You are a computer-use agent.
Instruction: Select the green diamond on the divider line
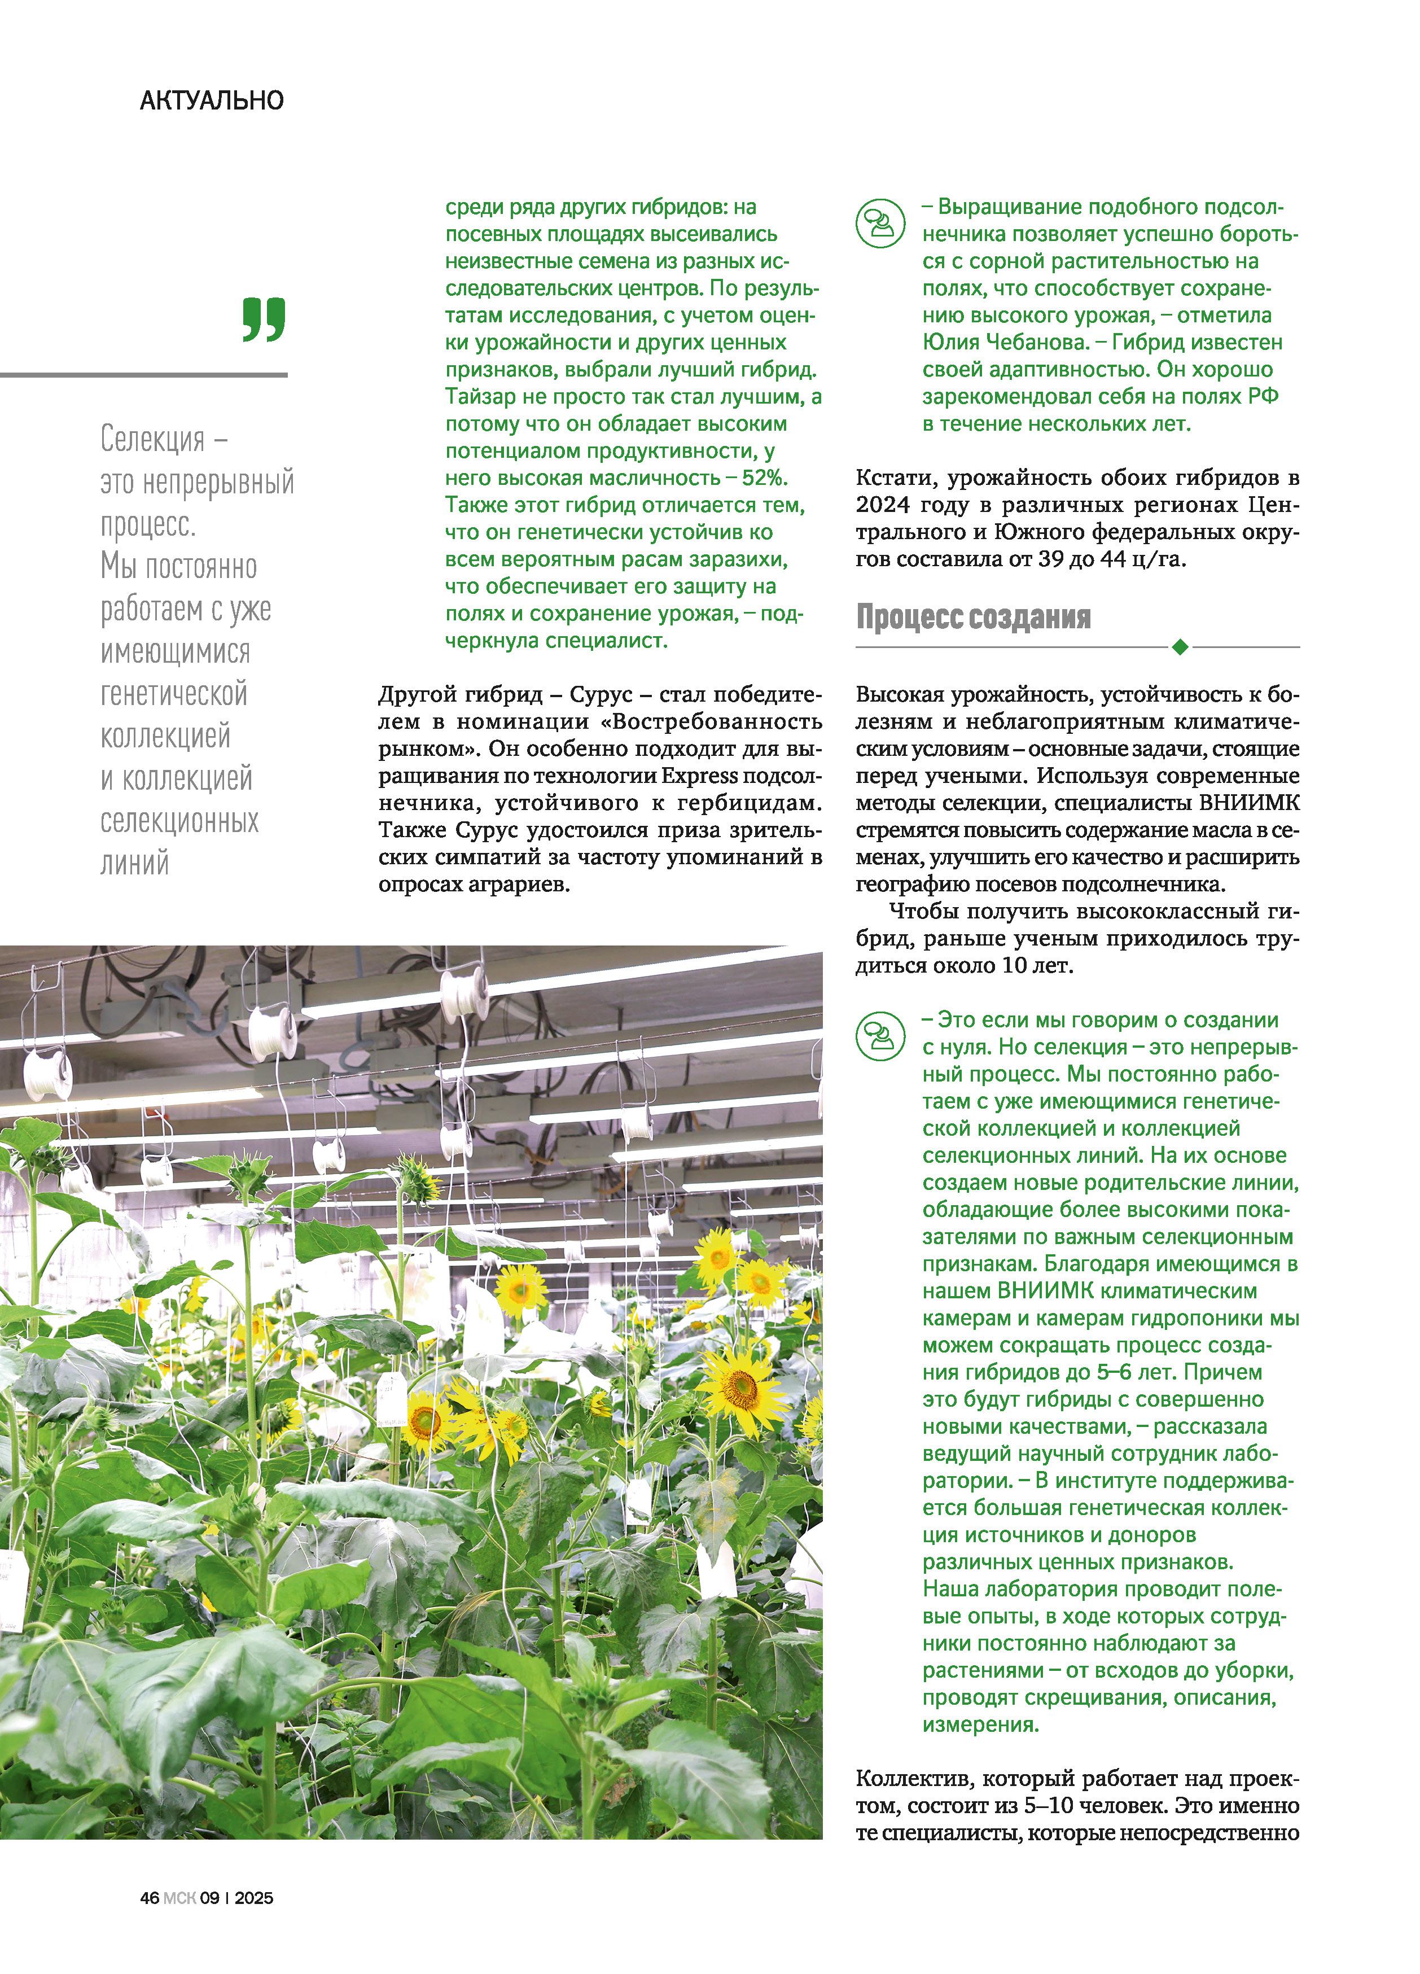pyautogui.click(x=1180, y=647)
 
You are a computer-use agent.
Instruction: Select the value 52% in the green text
pyautogui.click(x=764, y=478)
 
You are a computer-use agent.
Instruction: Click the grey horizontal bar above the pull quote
pyautogui.click(x=143, y=375)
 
